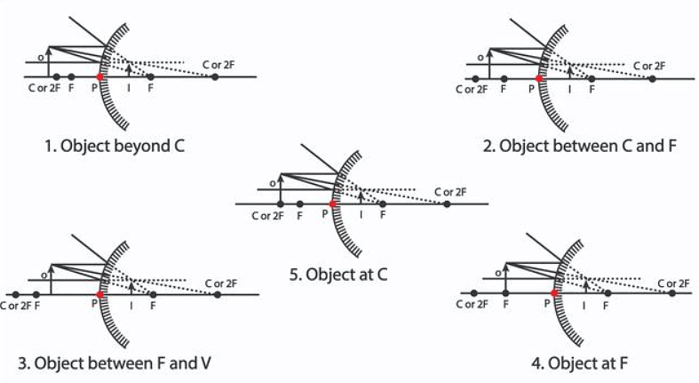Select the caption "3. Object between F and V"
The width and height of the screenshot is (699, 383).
click(x=114, y=363)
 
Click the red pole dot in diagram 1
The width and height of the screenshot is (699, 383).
click(x=100, y=77)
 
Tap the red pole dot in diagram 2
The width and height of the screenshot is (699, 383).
click(x=539, y=78)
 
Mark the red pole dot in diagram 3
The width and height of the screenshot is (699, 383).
click(x=99, y=293)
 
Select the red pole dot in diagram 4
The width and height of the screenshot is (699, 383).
click(x=554, y=292)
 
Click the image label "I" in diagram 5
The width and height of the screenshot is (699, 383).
click(x=361, y=215)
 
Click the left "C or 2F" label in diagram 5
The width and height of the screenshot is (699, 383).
click(x=267, y=216)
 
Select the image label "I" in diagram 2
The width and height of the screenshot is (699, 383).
click(x=569, y=89)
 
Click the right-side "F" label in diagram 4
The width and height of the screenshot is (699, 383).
click(x=607, y=304)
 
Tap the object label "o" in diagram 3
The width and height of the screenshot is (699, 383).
click(x=44, y=275)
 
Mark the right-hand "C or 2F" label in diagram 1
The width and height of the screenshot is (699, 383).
click(x=218, y=65)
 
